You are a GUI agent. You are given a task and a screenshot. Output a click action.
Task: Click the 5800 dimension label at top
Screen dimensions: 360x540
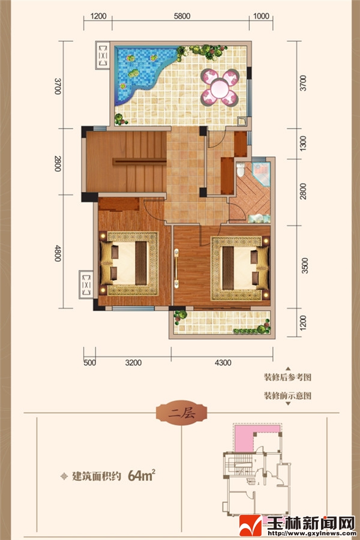click(182, 16)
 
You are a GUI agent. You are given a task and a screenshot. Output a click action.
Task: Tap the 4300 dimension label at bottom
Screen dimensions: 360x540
click(223, 362)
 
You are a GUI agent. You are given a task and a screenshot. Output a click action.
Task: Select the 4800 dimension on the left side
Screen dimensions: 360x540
click(58, 253)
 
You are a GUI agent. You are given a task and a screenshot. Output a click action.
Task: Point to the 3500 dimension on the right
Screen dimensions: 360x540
click(305, 266)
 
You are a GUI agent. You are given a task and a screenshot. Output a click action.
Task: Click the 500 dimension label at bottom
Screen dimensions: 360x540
click(89, 362)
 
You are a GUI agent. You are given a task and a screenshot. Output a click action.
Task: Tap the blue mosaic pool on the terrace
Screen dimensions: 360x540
click(140, 73)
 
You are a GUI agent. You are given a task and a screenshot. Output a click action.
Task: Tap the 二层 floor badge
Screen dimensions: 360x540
click(182, 413)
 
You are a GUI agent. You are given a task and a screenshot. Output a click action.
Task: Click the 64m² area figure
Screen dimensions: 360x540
click(141, 476)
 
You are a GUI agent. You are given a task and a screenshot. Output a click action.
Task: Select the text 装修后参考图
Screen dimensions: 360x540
click(287, 377)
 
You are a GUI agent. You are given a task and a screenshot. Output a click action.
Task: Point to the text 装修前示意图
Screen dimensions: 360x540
click(287, 395)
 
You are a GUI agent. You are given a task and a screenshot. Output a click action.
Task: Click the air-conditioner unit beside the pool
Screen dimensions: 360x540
click(103, 55)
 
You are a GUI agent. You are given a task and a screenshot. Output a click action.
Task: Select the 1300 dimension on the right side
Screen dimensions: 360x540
click(303, 143)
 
